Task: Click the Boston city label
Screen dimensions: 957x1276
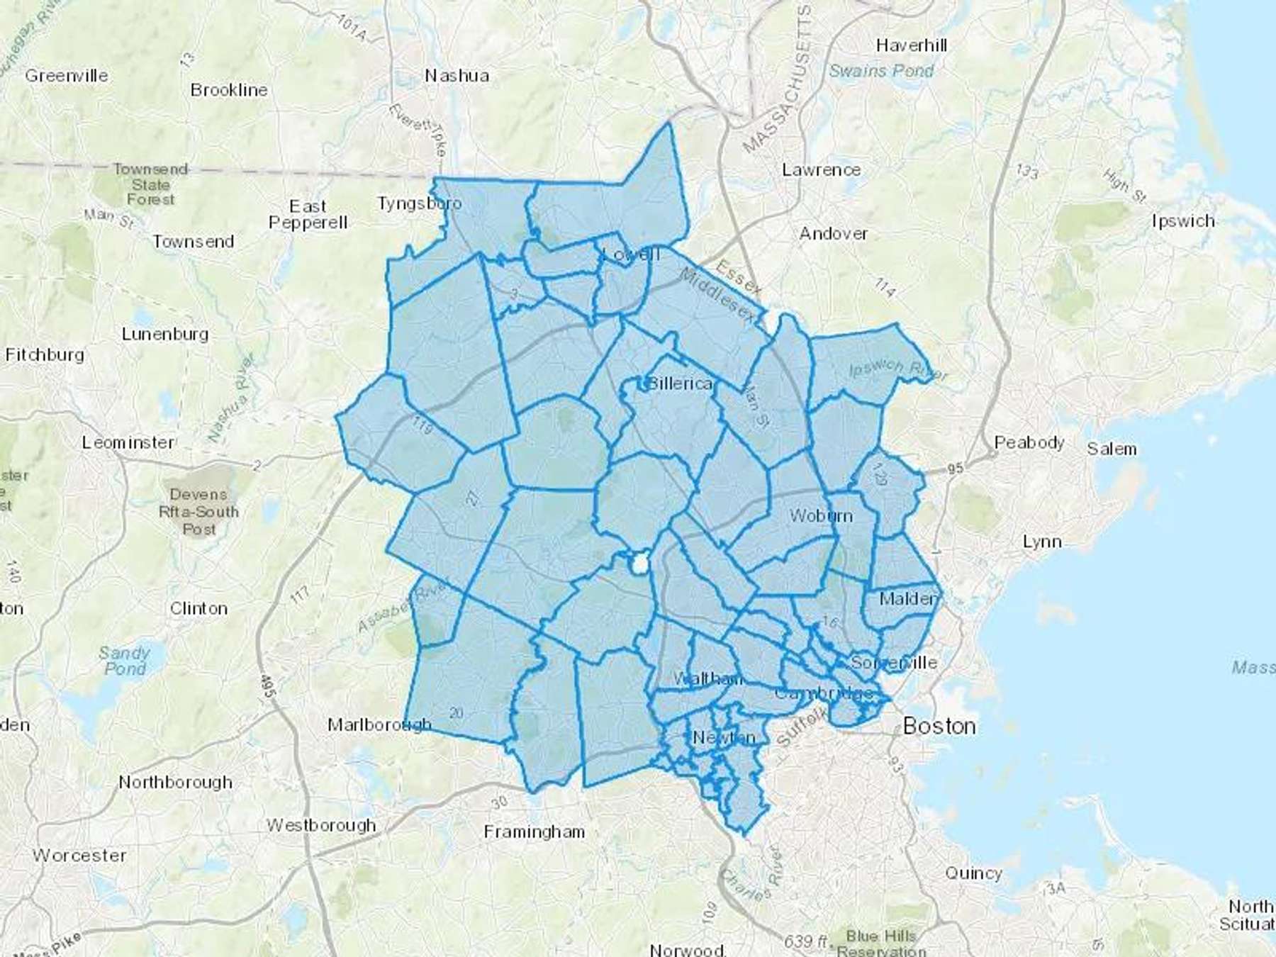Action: (939, 726)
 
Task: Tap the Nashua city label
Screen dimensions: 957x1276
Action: (457, 75)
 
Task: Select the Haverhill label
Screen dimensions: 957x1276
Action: (911, 45)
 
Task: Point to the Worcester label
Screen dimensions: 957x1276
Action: (79, 855)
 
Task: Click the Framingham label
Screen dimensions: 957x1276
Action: (535, 831)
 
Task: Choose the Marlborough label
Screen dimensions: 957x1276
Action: (379, 724)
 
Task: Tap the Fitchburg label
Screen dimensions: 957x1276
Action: (45, 354)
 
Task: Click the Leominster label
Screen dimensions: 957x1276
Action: (128, 442)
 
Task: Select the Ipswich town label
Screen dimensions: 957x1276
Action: (1183, 220)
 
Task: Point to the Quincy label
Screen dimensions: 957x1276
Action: (973, 873)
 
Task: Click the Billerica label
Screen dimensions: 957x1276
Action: (679, 384)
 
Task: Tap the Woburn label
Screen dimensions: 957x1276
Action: (820, 515)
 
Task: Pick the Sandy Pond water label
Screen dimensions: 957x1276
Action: (125, 660)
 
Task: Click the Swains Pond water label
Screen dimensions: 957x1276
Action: (881, 71)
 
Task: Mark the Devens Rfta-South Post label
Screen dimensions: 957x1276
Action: (199, 511)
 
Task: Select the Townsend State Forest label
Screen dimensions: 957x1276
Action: (150, 184)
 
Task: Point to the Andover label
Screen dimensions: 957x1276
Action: (833, 233)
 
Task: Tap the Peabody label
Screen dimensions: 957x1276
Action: (1029, 442)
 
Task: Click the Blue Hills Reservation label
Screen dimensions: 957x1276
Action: (881, 944)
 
